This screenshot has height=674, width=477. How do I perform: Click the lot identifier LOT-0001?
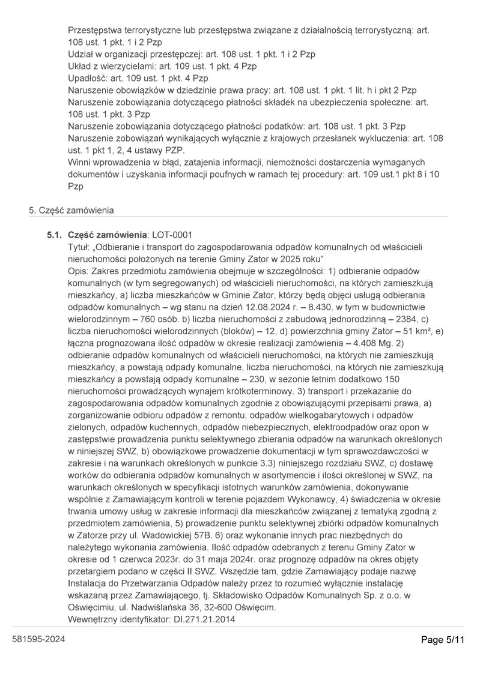(172, 234)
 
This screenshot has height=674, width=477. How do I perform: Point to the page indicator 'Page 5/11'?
(443, 640)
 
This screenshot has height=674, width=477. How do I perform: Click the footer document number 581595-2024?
(38, 639)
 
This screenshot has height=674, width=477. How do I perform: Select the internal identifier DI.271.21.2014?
(202, 619)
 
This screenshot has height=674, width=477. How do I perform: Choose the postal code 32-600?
(215, 607)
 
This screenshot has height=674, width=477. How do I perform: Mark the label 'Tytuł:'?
(79, 246)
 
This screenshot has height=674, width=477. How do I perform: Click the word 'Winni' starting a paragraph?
(80, 162)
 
